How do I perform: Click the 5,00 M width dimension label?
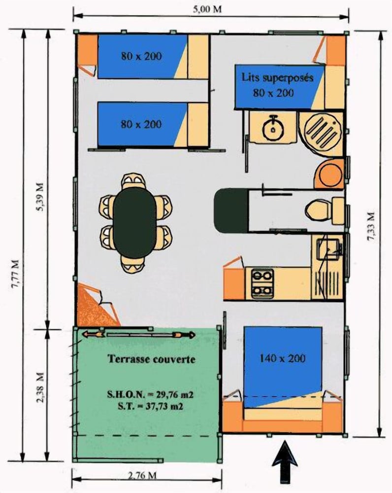207,9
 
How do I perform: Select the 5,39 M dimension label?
40,197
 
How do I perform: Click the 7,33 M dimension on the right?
371,227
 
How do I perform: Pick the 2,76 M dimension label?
142,475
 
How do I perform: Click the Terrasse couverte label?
151,359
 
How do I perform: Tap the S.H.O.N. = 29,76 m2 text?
150,394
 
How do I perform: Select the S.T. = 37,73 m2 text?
150,406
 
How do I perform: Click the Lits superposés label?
277,77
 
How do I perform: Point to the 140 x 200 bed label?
283,358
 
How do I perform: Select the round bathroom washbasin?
273,129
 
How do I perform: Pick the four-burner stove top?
262,284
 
